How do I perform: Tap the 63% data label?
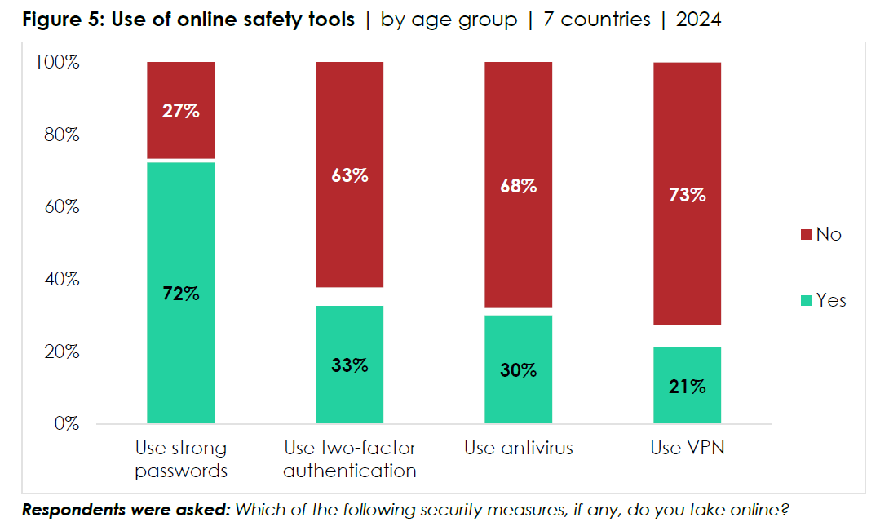coord(350,175)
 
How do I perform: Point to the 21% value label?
coord(688,387)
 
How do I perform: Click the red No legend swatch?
coord(807,235)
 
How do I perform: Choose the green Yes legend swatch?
coord(807,301)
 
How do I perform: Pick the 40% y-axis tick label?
coord(62,280)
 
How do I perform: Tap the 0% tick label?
coord(66,424)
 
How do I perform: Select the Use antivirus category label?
coord(518,448)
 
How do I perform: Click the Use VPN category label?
coord(688,448)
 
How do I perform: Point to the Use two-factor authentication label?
coord(350,459)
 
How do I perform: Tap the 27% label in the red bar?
coord(180,111)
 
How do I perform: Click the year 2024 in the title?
coord(698,20)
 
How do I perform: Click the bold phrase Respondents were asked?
coord(126,511)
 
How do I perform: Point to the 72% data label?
coord(180,293)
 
